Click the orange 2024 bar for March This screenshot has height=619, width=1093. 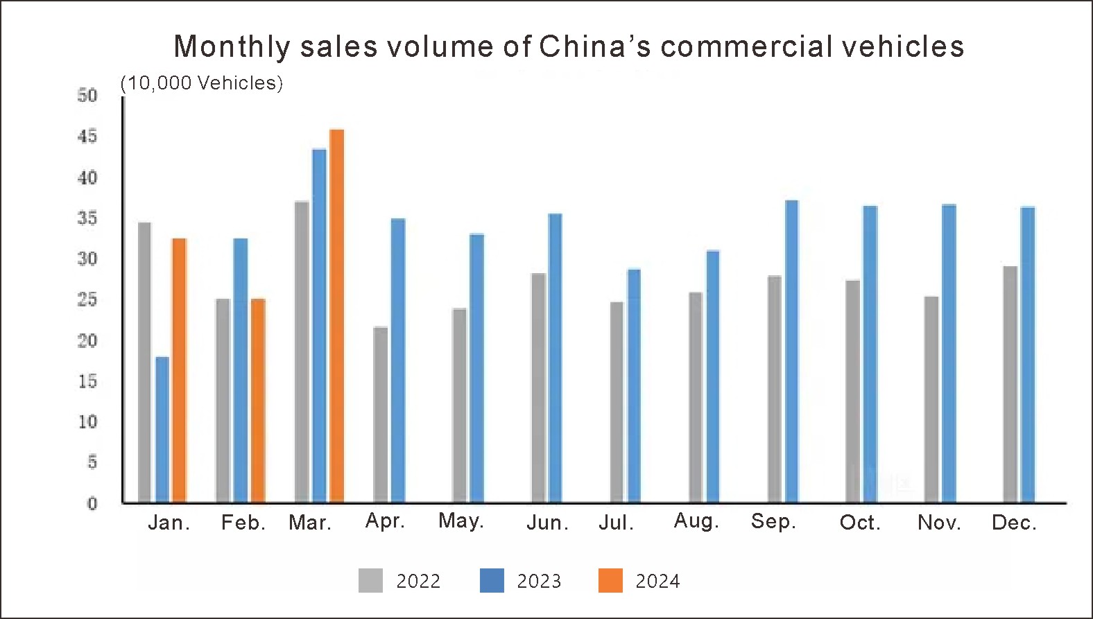point(336,315)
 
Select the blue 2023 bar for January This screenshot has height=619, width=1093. point(162,430)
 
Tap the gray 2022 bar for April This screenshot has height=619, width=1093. point(380,415)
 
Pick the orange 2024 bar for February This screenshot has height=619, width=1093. point(258,401)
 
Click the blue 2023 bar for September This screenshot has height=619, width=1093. point(791,351)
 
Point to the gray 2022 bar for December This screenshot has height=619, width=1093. point(1010,384)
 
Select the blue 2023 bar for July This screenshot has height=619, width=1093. point(634,385)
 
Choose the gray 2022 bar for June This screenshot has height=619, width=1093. point(538,387)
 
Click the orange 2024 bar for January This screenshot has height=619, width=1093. point(179,370)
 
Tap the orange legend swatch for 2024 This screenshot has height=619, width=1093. point(610,581)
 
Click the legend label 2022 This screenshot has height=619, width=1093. point(418,581)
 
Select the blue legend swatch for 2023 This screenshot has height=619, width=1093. point(492,581)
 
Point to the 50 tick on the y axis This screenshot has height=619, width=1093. point(87,95)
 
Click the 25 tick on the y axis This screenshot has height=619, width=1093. point(87,300)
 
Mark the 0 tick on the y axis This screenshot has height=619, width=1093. point(92,504)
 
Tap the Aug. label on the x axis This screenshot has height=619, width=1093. point(696,521)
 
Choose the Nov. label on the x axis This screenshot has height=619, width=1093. point(939,523)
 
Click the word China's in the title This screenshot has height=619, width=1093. point(595,46)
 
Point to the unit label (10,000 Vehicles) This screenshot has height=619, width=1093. point(202,83)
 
